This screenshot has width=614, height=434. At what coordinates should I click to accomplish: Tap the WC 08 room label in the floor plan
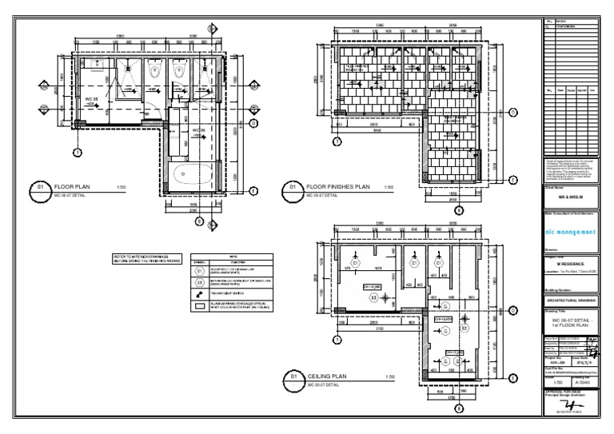93,100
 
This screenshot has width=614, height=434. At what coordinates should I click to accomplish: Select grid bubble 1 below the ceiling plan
337,340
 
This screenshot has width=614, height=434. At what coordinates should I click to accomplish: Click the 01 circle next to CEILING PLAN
293,376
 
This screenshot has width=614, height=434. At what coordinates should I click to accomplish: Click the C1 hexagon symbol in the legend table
201,271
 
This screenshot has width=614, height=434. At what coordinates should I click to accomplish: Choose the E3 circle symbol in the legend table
201,282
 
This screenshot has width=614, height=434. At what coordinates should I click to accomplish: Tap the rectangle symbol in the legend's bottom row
201,304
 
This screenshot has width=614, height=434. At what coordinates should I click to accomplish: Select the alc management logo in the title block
570,232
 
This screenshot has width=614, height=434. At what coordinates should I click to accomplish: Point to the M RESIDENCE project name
570,263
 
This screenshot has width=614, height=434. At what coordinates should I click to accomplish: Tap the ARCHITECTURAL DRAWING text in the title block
570,300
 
